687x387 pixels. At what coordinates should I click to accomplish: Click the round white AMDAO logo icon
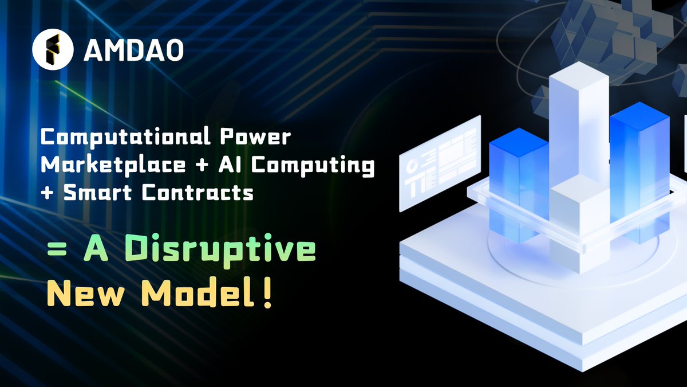pos(53,49)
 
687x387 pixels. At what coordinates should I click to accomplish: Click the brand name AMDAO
pos(133,50)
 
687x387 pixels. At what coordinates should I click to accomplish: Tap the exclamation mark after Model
pos(267,294)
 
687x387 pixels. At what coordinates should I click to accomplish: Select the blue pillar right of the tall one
pos(639,166)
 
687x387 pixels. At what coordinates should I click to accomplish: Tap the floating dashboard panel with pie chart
pos(440,163)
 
